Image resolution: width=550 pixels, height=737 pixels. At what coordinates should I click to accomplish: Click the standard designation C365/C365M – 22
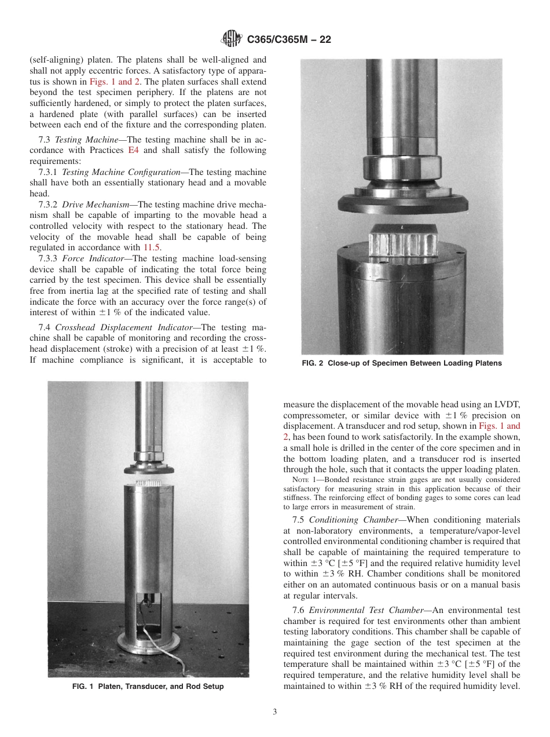[x=288, y=40]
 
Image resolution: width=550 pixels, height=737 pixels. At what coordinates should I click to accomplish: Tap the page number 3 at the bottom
[x=275, y=712]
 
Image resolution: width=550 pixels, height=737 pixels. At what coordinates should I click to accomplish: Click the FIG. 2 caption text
[x=402, y=363]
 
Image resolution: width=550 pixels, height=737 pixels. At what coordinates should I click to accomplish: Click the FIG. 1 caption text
[x=148, y=687]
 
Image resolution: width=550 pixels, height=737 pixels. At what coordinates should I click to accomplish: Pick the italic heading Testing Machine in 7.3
[x=90, y=140]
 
